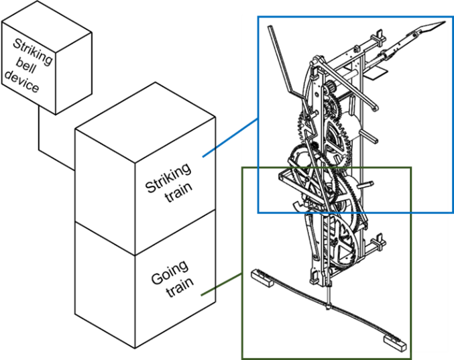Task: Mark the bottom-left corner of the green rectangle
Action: [x=242, y=358]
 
